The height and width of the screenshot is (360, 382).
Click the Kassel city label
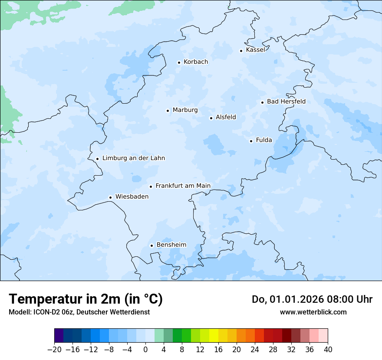point(255,50)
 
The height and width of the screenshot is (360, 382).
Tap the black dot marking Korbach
point(179,62)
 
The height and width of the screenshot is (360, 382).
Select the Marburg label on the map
point(185,110)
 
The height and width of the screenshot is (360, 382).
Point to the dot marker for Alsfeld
point(211,118)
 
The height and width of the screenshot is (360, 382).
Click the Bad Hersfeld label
point(286,101)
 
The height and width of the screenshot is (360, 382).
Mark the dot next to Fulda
point(251,141)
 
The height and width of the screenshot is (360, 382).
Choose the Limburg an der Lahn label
point(133,158)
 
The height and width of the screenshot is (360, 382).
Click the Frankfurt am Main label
point(183,186)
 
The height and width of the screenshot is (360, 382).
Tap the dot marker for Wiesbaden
point(111,198)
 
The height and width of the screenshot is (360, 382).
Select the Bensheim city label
point(171,245)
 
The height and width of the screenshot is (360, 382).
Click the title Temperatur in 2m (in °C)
point(86,299)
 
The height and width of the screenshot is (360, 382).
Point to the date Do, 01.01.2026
point(288,299)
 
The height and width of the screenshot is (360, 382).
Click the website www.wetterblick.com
point(313,312)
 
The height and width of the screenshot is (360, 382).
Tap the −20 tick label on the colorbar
point(54,349)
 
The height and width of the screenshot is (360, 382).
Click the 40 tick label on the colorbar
point(328,349)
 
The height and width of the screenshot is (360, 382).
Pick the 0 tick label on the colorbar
point(145,349)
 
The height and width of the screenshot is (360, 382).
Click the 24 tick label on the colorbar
point(255,349)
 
